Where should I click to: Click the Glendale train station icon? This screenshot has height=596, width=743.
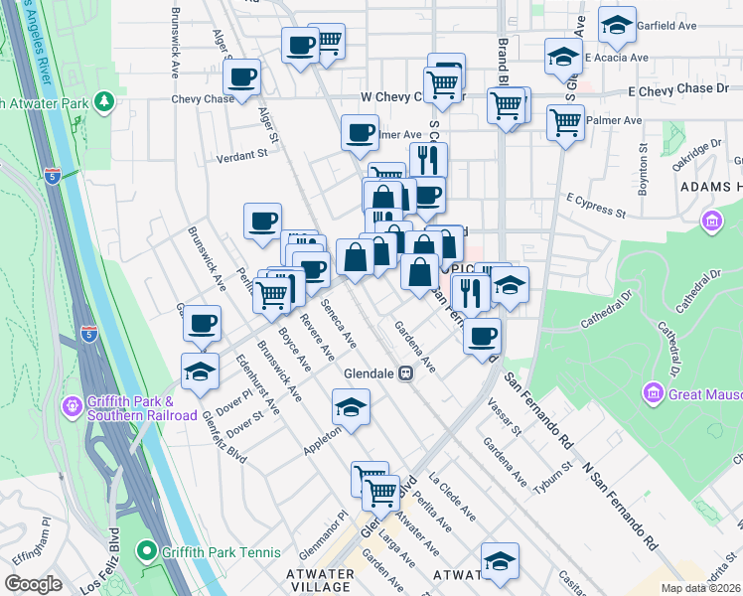point(406,373)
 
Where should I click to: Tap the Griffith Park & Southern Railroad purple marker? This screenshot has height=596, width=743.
point(73,406)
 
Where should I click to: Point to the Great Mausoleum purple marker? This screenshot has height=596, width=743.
point(653,393)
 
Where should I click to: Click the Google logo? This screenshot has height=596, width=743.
point(34,584)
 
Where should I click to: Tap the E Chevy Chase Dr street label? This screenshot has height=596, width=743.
point(671,89)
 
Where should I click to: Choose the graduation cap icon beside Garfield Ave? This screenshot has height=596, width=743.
point(617,25)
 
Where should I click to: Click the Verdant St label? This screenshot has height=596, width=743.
point(242,155)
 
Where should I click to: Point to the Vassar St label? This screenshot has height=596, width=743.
point(505,417)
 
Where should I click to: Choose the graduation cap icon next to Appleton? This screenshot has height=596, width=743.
point(351,406)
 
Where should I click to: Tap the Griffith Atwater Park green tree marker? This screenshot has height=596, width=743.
point(103,102)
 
